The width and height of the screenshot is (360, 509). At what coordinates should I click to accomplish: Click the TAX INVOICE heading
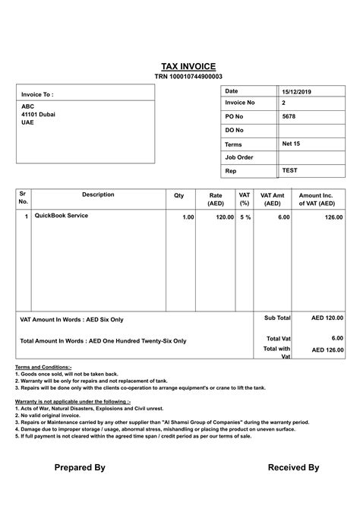click(188, 66)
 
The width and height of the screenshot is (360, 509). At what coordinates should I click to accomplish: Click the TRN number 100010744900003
click(188, 77)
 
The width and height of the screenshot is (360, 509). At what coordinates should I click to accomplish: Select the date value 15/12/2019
click(297, 92)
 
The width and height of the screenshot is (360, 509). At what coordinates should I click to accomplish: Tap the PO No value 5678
click(289, 116)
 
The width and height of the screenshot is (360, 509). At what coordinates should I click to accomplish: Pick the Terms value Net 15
click(291, 144)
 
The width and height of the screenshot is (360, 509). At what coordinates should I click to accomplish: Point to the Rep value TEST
click(289, 171)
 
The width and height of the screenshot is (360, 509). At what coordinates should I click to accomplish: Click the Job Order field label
click(239, 157)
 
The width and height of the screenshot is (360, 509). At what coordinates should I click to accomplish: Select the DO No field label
click(234, 130)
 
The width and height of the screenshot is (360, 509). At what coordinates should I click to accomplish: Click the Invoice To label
click(37, 95)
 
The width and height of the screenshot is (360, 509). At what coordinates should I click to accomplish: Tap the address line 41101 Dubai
click(38, 115)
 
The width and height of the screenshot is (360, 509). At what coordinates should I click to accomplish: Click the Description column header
click(98, 195)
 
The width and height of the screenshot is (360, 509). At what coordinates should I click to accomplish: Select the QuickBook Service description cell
click(62, 217)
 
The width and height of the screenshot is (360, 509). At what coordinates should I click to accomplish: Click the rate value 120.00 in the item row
click(224, 217)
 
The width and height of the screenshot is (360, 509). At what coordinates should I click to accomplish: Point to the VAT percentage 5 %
click(245, 217)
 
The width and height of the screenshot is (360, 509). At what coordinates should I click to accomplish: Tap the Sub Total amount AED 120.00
click(327, 318)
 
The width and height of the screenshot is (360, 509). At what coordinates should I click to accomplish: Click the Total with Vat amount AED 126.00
click(327, 350)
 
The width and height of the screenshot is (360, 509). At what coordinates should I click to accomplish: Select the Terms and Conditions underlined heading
click(43, 367)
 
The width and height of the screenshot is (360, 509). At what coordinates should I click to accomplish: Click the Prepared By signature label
click(80, 468)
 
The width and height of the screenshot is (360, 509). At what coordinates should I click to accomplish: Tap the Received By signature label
click(293, 468)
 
